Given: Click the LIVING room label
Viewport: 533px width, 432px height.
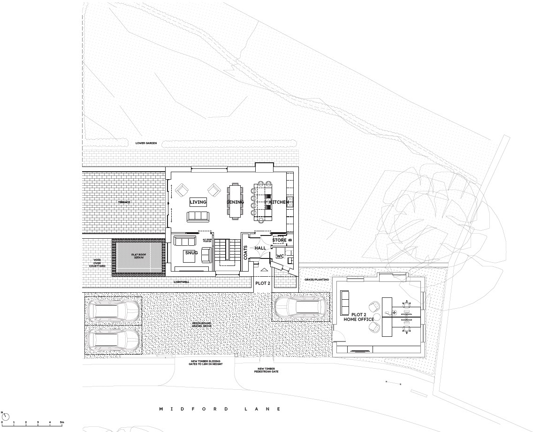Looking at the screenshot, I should pos(198,202).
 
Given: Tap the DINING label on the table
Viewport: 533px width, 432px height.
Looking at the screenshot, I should pos(236,202).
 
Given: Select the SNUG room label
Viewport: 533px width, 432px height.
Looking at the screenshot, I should pos(191,253).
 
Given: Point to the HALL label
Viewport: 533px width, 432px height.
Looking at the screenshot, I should pos(260,248).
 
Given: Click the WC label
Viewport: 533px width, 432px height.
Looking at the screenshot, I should pos(280,256).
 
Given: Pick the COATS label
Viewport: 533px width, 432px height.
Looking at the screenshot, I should pos(245,252).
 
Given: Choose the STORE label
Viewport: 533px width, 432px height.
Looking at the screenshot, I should pos(279,240).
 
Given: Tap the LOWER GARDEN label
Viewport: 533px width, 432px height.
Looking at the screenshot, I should pos(145,143).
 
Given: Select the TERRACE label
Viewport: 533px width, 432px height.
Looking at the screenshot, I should pos(124,202).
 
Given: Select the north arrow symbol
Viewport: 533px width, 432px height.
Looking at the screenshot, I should pos(6,416).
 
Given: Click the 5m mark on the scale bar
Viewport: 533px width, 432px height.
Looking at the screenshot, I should pos(62,423).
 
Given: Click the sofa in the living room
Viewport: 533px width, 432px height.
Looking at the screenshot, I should pos(198,216).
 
